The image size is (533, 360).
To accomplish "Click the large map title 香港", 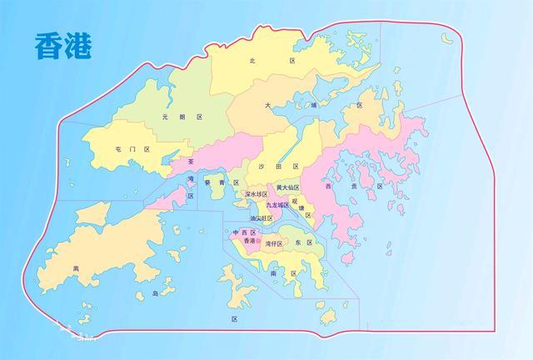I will coord(63,47).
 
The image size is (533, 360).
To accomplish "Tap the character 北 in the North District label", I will coord(252,61).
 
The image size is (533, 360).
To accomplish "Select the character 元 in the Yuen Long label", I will coord(166,117).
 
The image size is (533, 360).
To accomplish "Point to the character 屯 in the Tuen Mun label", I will coord(119,149).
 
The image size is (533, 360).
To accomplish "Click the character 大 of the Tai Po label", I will coord(268,106).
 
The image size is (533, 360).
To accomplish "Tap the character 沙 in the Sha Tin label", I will coord(265,167).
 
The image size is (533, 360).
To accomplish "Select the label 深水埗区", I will coord(256,194).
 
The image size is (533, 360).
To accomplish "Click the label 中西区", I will coord(244,232).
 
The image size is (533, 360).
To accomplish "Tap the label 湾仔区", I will coord(274,245).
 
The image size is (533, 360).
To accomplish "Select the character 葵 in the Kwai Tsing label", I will coord(205,181).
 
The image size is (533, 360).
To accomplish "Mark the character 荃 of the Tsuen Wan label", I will coord(191,162).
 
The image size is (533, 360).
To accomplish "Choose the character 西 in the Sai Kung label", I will coord(328,187).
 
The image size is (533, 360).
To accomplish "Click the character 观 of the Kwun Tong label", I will coord(295,200).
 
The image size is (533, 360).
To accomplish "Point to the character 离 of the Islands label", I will coord(76,268).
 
